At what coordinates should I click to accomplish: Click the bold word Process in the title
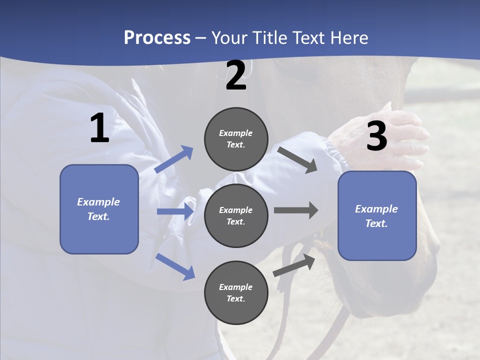point(157,38)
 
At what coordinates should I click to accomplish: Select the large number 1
point(99,128)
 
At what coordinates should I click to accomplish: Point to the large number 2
point(236,75)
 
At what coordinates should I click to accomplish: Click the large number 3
point(376,136)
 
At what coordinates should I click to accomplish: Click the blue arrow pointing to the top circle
point(174,159)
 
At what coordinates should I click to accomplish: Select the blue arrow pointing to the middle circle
point(175,211)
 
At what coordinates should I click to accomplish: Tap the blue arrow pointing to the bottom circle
point(175,266)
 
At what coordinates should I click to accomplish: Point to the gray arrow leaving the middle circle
point(296,210)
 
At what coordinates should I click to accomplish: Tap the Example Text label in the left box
point(98,209)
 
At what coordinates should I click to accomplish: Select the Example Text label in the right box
point(376,216)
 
